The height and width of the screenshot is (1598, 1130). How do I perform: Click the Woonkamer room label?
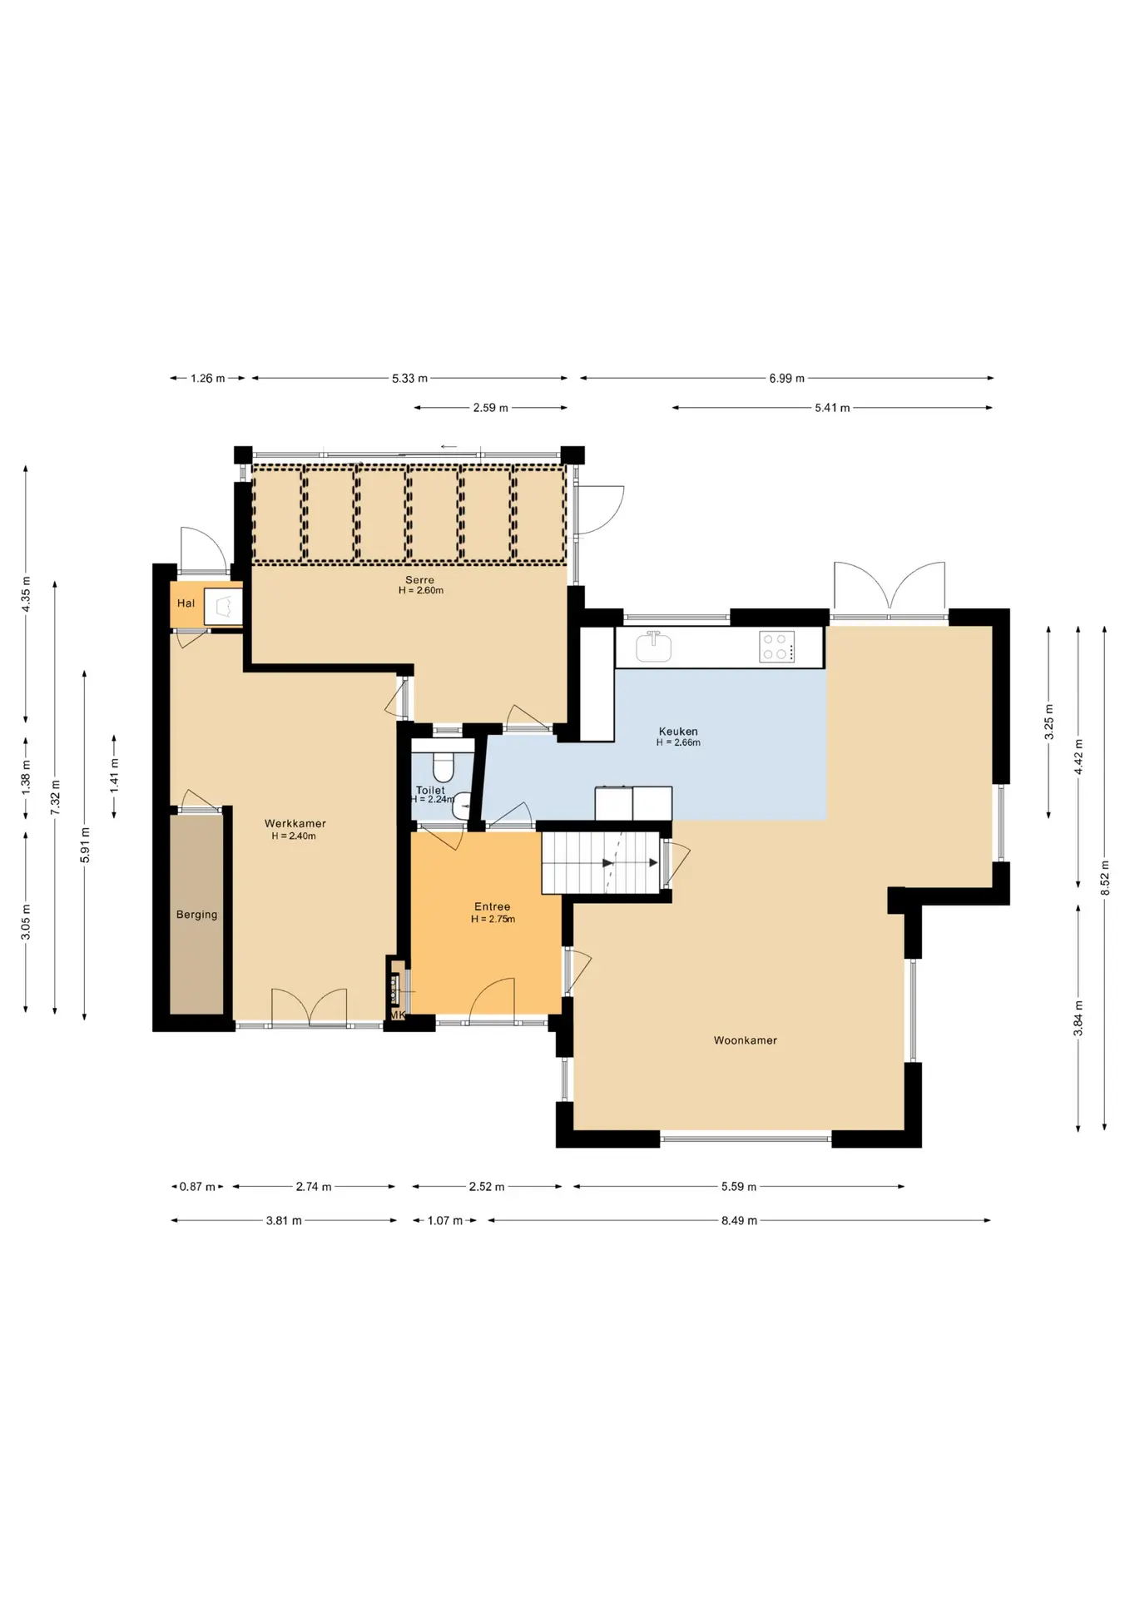tap(745, 1040)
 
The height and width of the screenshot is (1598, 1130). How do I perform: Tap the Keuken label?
tap(678, 732)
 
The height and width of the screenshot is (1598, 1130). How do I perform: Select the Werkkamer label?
tap(295, 824)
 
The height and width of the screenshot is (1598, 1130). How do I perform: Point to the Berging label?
tap(196, 915)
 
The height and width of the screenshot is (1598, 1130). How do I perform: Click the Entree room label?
tap(493, 907)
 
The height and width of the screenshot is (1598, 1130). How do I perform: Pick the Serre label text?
tap(420, 580)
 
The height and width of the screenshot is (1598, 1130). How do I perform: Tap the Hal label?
tap(186, 603)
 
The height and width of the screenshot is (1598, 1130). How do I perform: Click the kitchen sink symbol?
tap(653, 646)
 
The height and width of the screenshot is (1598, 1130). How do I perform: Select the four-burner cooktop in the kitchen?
tap(777, 647)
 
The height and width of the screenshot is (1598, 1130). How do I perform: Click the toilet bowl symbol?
tap(443, 767)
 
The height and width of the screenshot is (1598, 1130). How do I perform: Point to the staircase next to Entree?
tap(601, 863)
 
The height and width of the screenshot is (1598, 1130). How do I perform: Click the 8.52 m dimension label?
tap(1105, 878)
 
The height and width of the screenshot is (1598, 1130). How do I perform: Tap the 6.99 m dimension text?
tap(786, 378)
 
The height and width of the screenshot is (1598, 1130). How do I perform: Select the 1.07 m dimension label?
tap(444, 1221)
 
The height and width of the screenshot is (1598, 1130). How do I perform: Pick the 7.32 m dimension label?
tap(56, 797)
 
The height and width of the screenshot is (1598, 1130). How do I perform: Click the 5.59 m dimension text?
tap(739, 1187)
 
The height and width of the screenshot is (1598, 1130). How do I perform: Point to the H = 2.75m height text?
tap(493, 920)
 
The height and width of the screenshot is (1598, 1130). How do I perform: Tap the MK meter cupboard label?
tap(397, 1015)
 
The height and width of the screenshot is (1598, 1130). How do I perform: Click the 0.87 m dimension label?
tap(197, 1187)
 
